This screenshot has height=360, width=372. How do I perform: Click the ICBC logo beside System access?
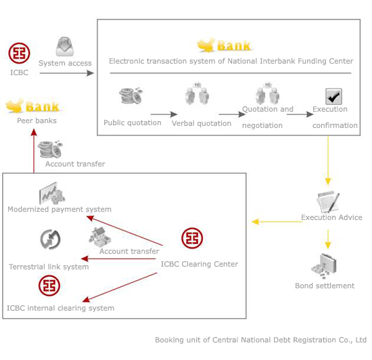coord(19,53)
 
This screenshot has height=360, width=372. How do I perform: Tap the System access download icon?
coord(64,47)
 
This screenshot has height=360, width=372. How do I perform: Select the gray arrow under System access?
coord(67,73)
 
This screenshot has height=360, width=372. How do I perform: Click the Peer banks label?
coord(37,120)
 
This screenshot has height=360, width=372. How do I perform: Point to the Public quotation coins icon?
coord(131,96)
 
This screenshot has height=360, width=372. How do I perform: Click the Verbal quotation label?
coord(202,123)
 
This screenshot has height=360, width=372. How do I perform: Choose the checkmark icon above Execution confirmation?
coord(334,96)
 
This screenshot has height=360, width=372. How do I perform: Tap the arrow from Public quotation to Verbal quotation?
coord(164,114)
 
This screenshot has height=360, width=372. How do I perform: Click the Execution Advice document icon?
coord(328,202)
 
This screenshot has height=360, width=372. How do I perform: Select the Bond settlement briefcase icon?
coord(324,266)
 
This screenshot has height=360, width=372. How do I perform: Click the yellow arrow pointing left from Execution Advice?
coord(277,222)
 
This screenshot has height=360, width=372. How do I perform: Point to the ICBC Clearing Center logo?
coord(192,238)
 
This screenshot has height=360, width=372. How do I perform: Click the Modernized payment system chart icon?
coord(52,193)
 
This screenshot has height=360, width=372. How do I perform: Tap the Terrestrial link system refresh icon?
coord(50,240)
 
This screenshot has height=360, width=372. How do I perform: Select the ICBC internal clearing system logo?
coord(49,286)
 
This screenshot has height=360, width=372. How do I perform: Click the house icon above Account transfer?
coord(100,237)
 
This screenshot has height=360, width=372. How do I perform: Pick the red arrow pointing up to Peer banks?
coord(34,151)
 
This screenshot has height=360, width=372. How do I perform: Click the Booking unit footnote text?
coord(260,340)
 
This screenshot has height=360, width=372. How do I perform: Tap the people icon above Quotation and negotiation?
coord(267,94)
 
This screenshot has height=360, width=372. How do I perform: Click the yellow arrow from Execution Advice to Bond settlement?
coord(328,239)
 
